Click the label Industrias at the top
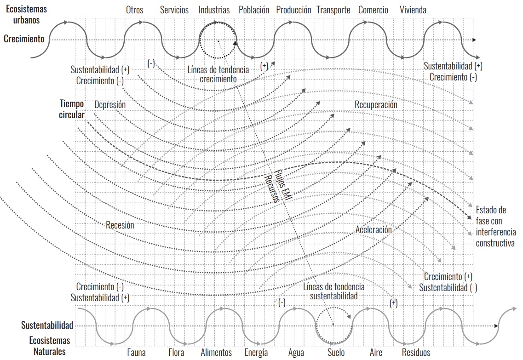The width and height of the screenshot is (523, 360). pyautogui.click(x=214, y=10)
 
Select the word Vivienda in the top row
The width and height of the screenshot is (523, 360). pyautogui.click(x=413, y=10)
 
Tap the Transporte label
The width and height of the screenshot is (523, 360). pyautogui.click(x=333, y=10)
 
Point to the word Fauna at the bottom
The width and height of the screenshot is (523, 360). pyautogui.click(x=136, y=352)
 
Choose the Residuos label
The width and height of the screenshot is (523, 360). pyautogui.click(x=416, y=352)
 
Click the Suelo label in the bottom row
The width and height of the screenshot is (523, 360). pyautogui.click(x=336, y=352)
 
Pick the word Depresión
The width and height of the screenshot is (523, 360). pyautogui.click(x=110, y=105)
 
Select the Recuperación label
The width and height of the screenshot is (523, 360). pyautogui.click(x=376, y=105)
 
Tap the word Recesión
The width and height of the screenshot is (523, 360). pyautogui.click(x=120, y=225)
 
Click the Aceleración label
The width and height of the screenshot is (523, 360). pyautogui.click(x=374, y=230)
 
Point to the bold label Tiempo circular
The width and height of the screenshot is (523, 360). pyautogui.click(x=72, y=109)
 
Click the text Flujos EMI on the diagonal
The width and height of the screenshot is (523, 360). pyautogui.click(x=283, y=185)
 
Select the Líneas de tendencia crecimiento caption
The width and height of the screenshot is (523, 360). pyautogui.click(x=218, y=74)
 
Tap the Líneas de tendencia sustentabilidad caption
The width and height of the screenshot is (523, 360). pyautogui.click(x=333, y=291)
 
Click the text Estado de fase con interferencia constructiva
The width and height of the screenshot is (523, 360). pyautogui.click(x=496, y=227)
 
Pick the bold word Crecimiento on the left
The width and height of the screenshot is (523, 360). pyautogui.click(x=24, y=39)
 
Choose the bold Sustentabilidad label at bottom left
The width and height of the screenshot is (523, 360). pyautogui.click(x=47, y=326)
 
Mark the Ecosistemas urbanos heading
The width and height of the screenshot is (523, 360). pyautogui.click(x=26, y=14)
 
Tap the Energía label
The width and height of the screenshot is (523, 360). pyautogui.click(x=256, y=353)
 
